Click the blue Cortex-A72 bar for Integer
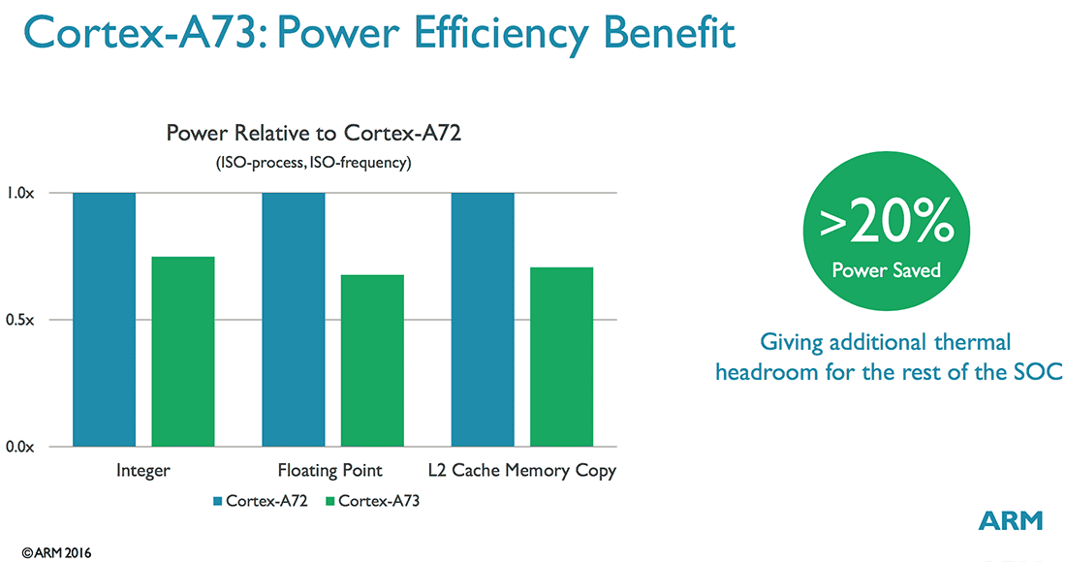pyautogui.click(x=104, y=320)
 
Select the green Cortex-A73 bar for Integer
pyautogui.click(x=182, y=352)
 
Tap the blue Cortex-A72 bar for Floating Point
pyautogui.click(x=294, y=320)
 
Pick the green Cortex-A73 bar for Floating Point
pyautogui.click(x=372, y=360)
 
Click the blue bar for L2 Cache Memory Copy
pyautogui.click(x=483, y=320)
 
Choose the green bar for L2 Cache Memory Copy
pyautogui.click(x=561, y=357)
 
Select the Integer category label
pyautogui.click(x=142, y=471)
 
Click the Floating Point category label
pyautogui.click(x=330, y=471)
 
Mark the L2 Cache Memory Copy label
pyautogui.click(x=522, y=471)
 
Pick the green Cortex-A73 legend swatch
pyautogui.click(x=329, y=501)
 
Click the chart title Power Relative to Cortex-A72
pyautogui.click(x=313, y=133)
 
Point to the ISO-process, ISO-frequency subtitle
pyautogui.click(x=313, y=163)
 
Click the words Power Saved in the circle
pyautogui.click(x=887, y=269)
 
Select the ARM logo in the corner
pyautogui.click(x=1011, y=520)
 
